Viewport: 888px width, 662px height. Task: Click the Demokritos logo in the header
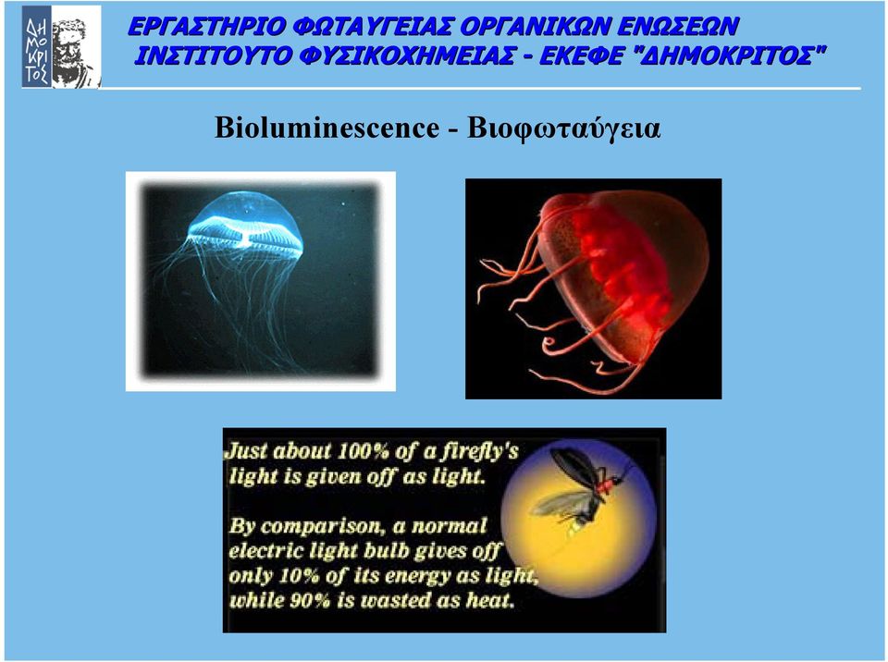[61, 46]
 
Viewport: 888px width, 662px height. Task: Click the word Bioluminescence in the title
[327, 128]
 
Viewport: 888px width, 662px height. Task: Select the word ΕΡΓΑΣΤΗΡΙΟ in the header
[206, 27]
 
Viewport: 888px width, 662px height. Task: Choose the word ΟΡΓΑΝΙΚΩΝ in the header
[534, 27]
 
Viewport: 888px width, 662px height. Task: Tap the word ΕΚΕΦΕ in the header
[580, 56]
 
